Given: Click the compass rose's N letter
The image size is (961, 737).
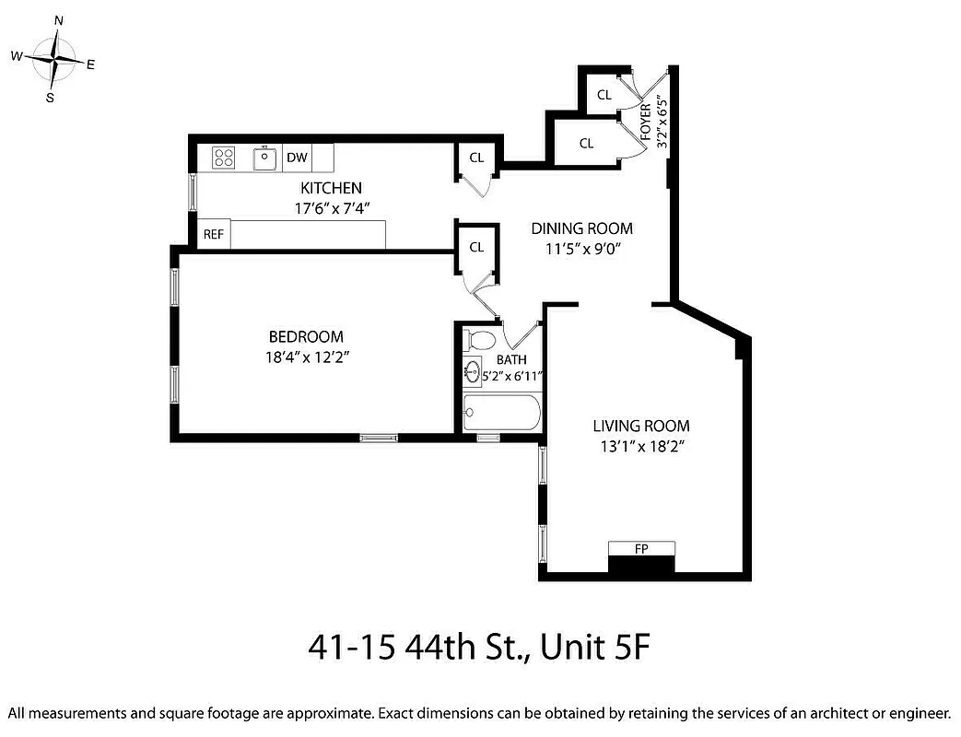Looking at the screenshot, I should (x=59, y=19).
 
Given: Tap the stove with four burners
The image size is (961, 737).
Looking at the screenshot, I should (x=223, y=158).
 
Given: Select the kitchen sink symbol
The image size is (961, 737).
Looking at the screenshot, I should (x=265, y=158).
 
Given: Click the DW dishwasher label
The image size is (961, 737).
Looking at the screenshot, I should (x=297, y=158).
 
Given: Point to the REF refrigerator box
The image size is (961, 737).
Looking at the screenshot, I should (x=213, y=234).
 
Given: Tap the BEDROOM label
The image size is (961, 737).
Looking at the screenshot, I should (x=306, y=337).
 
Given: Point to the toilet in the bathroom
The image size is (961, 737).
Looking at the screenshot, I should (x=477, y=341).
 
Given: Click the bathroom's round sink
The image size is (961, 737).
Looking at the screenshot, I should (x=474, y=373).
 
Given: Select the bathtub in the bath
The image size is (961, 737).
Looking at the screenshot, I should (x=500, y=415).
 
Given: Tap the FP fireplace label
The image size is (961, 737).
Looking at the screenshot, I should (x=641, y=549).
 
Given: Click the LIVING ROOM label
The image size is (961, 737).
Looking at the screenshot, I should (x=641, y=426).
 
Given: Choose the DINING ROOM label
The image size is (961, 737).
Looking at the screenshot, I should (x=581, y=228).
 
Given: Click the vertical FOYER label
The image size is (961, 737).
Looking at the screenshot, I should (x=646, y=120).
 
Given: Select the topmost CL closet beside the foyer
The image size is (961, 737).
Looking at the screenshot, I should (x=604, y=95).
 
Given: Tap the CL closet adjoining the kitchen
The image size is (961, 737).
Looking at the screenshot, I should (x=476, y=158).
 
